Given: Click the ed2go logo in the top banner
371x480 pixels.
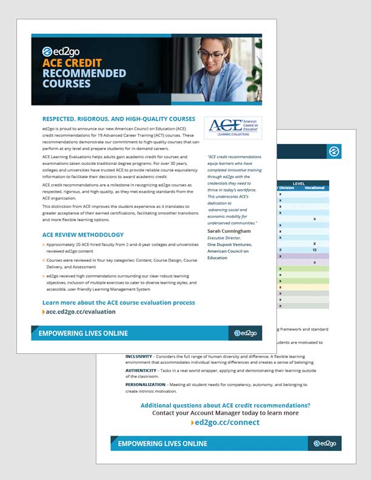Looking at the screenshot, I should coord(63,51).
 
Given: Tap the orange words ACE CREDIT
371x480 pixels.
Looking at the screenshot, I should coord(72,63).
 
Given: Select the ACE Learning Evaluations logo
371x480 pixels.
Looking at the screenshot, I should coord(233,127).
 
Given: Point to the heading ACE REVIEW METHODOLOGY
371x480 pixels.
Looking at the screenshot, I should coord(83,235).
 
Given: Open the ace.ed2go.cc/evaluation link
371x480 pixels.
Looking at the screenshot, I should coord(80,312).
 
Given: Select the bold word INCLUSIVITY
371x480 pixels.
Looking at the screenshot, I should coord(139,356).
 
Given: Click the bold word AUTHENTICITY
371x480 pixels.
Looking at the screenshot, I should coord(141,370).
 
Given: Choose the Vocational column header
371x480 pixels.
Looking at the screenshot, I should coord(314,188).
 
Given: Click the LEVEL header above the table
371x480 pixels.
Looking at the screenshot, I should coord(299,182).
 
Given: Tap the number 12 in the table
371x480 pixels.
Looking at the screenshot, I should coord(314,250).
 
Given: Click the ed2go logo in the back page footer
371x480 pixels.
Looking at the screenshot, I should coord(324,444).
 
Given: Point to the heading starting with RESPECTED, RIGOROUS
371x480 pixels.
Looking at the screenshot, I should coord(119,119).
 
